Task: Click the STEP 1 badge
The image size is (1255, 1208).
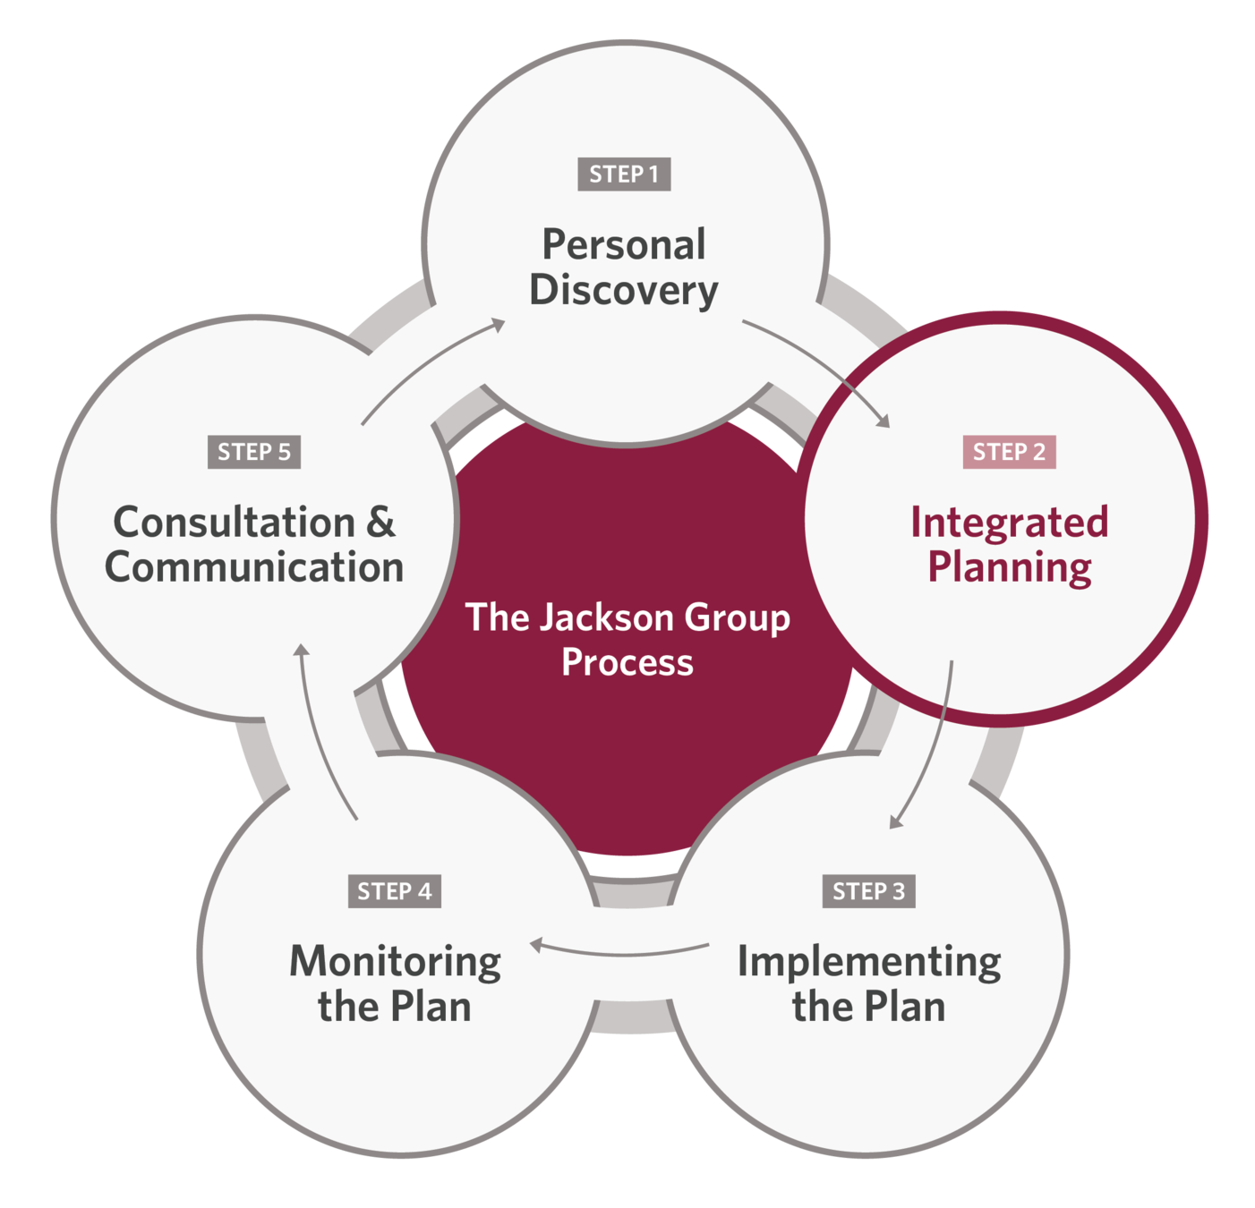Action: (624, 174)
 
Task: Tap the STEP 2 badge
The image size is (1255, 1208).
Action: (1009, 452)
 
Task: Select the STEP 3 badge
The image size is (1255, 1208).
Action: (868, 891)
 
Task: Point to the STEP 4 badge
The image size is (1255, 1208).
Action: (394, 891)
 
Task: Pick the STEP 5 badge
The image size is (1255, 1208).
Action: (254, 452)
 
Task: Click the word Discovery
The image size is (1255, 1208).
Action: (624, 290)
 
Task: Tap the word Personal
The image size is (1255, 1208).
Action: (624, 244)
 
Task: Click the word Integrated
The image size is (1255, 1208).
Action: (1009, 522)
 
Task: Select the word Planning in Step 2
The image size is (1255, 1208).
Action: (1009, 567)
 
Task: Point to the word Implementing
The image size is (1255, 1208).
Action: (868, 962)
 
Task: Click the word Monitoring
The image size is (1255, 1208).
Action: (395, 962)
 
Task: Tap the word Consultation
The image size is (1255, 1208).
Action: (235, 522)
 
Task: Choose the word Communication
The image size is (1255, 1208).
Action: (254, 567)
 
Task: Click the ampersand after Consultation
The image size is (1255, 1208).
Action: (380, 522)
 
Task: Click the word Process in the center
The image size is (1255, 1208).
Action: (627, 663)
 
